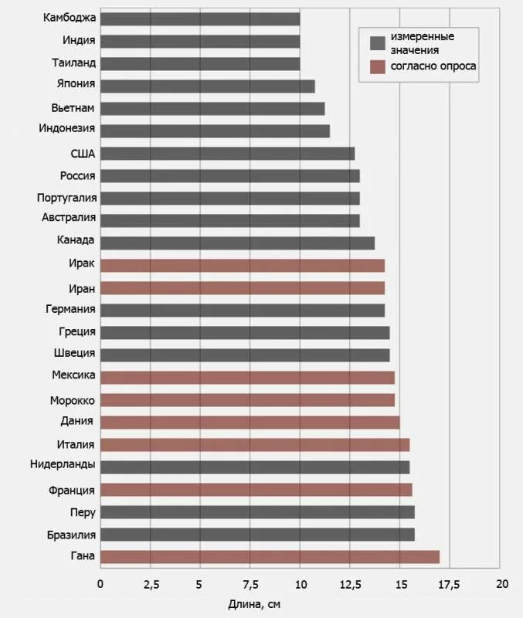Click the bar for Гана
click(x=270, y=557)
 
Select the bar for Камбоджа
click(x=200, y=19)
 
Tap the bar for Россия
click(x=229, y=176)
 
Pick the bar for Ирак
click(x=243, y=266)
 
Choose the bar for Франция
click(x=256, y=490)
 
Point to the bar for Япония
click(x=207, y=86)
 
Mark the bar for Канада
click(x=237, y=243)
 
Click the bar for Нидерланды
click(x=255, y=467)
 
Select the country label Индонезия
click(x=67, y=129)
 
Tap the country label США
click(x=83, y=154)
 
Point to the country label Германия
click(x=70, y=310)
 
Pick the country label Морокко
click(x=73, y=400)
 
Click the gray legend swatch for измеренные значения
click(x=378, y=42)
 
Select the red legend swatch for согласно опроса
click(x=378, y=66)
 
